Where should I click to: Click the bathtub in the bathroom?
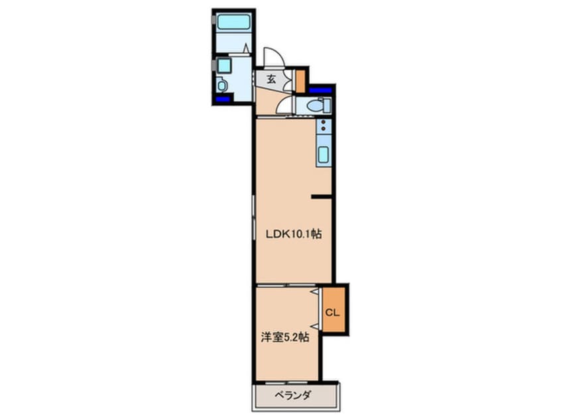233,22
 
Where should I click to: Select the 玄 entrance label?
271,79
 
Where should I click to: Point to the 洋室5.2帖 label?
284,337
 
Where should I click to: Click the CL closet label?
333,311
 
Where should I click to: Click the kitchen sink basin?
323,155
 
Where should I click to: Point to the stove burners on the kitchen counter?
323,126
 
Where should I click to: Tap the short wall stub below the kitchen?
322,196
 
